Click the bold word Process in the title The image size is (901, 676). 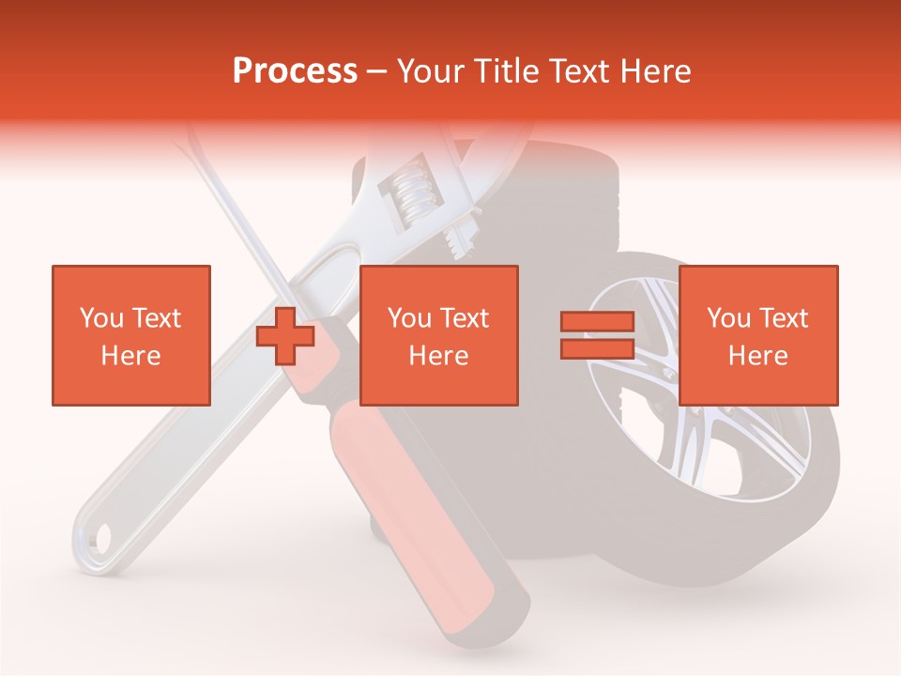(x=295, y=70)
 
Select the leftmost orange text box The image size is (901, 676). (x=130, y=335)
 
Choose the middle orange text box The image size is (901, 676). (x=438, y=335)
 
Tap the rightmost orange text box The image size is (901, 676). (x=757, y=335)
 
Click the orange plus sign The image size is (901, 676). (x=285, y=335)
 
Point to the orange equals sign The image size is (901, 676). (x=597, y=335)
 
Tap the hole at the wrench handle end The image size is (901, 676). (x=99, y=537)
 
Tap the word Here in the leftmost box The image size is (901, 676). (x=130, y=355)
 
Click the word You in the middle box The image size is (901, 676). (x=409, y=318)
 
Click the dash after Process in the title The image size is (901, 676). (x=377, y=71)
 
